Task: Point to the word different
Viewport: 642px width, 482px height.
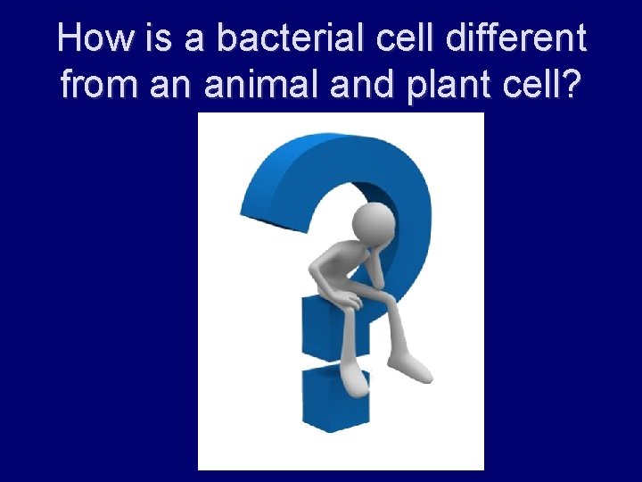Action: [519, 39]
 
